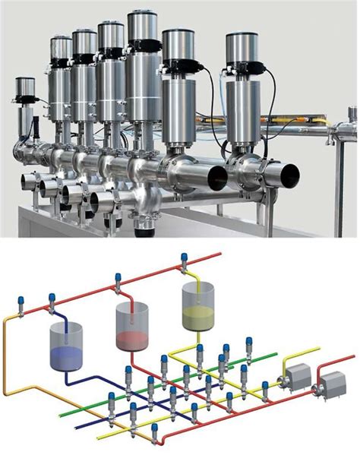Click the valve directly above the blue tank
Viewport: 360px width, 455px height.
[52, 298]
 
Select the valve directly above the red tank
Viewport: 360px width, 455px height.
[118, 282]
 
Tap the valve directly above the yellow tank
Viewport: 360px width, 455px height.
[184, 262]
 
